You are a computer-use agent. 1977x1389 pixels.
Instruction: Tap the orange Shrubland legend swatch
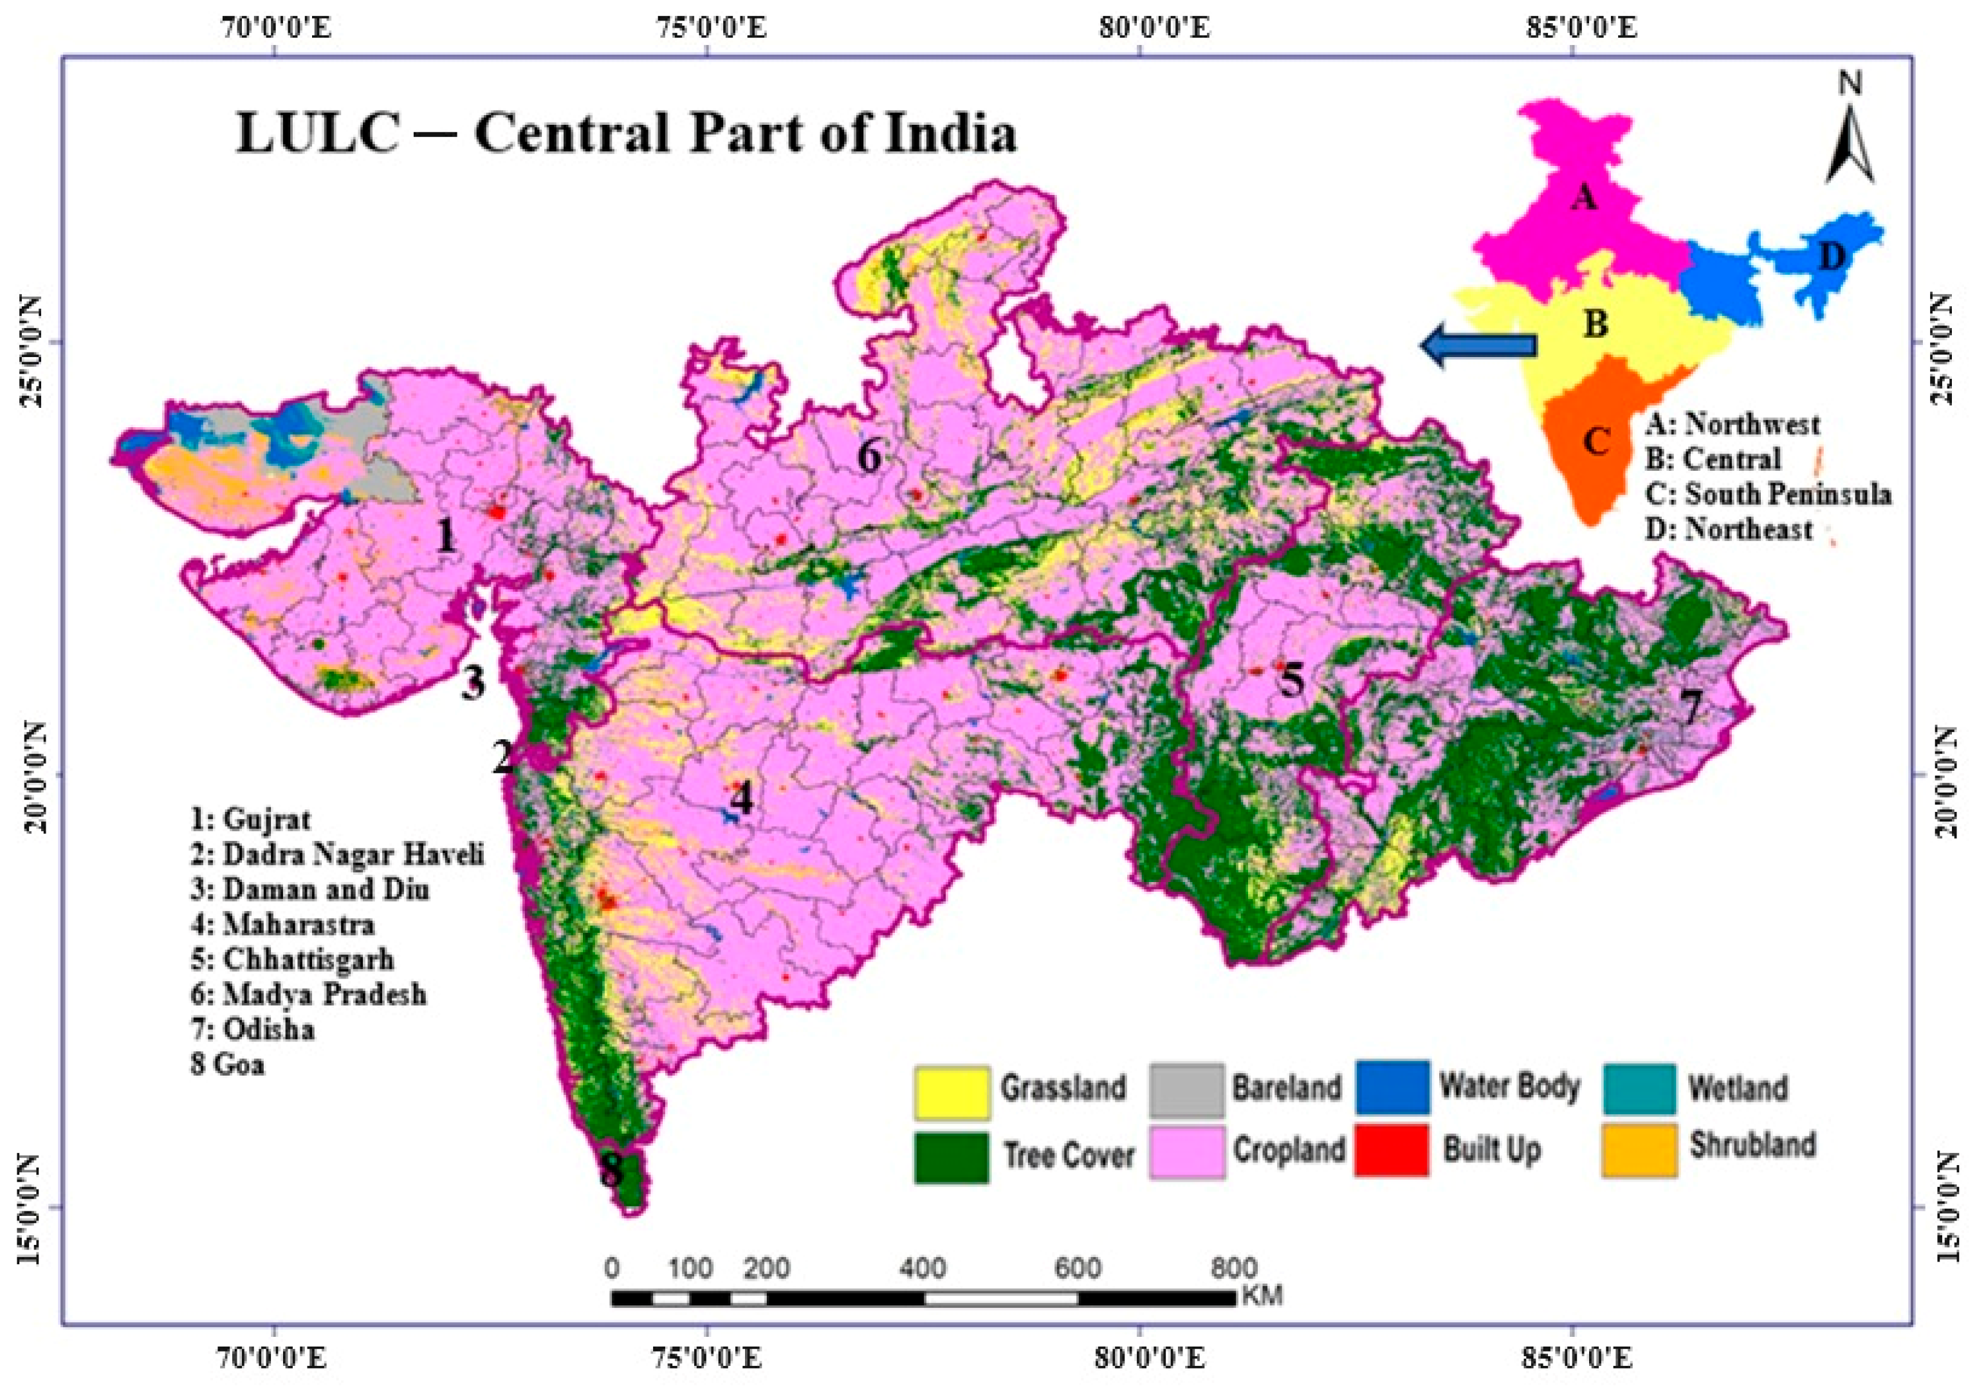click(x=1639, y=1150)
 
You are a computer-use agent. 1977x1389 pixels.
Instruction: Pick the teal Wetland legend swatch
click(x=1639, y=1089)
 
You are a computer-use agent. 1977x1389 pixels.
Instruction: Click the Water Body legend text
click(x=1509, y=1086)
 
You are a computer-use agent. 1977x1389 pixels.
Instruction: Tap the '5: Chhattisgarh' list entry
click(x=293, y=959)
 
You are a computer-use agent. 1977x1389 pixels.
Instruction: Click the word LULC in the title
click(x=318, y=135)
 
